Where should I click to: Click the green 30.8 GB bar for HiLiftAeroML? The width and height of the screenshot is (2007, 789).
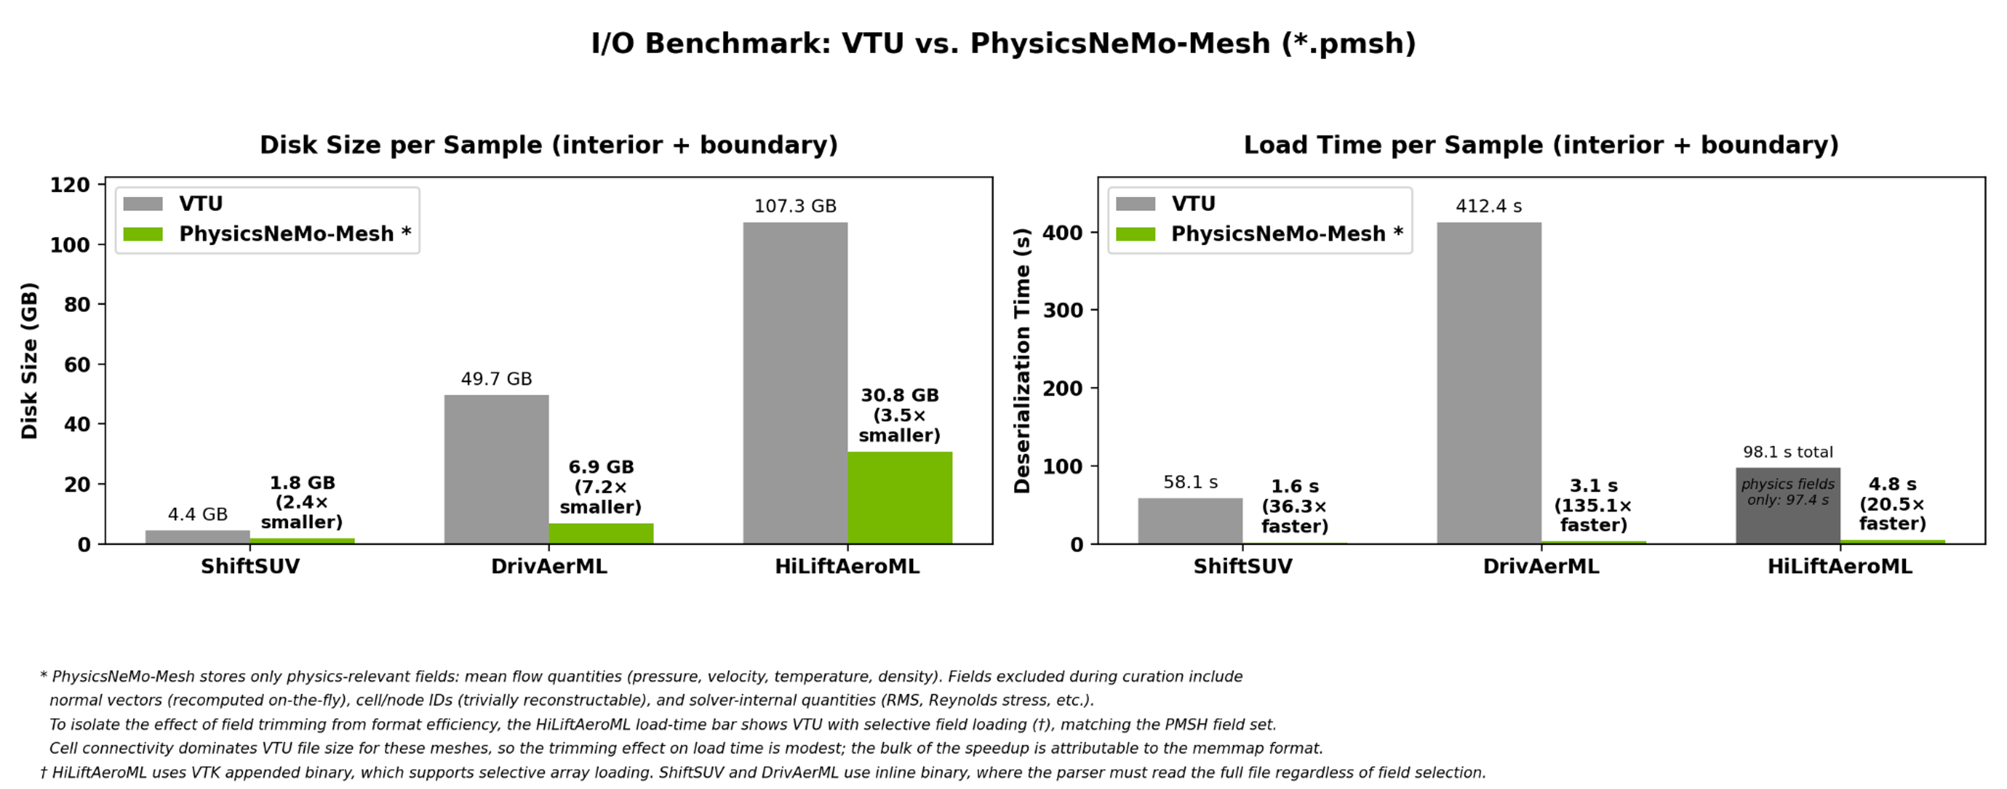point(900,498)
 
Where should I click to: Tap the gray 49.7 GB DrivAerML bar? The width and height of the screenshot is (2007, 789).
point(496,469)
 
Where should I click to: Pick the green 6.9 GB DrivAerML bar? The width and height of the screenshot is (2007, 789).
point(601,534)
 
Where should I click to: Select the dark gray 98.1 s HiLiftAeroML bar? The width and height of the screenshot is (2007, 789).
point(1788,506)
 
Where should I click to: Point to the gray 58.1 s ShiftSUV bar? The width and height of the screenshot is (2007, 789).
point(1190,521)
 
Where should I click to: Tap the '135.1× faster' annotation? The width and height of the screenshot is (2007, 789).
point(1593,515)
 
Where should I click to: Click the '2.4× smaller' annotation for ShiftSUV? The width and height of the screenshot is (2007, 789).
point(302,512)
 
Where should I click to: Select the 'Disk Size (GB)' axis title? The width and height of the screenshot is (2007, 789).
point(29,361)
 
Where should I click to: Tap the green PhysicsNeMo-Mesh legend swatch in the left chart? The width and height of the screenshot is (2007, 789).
point(143,234)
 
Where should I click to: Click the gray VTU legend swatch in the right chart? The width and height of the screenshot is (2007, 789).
point(1135,203)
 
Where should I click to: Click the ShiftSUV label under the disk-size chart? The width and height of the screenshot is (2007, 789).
point(250,566)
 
